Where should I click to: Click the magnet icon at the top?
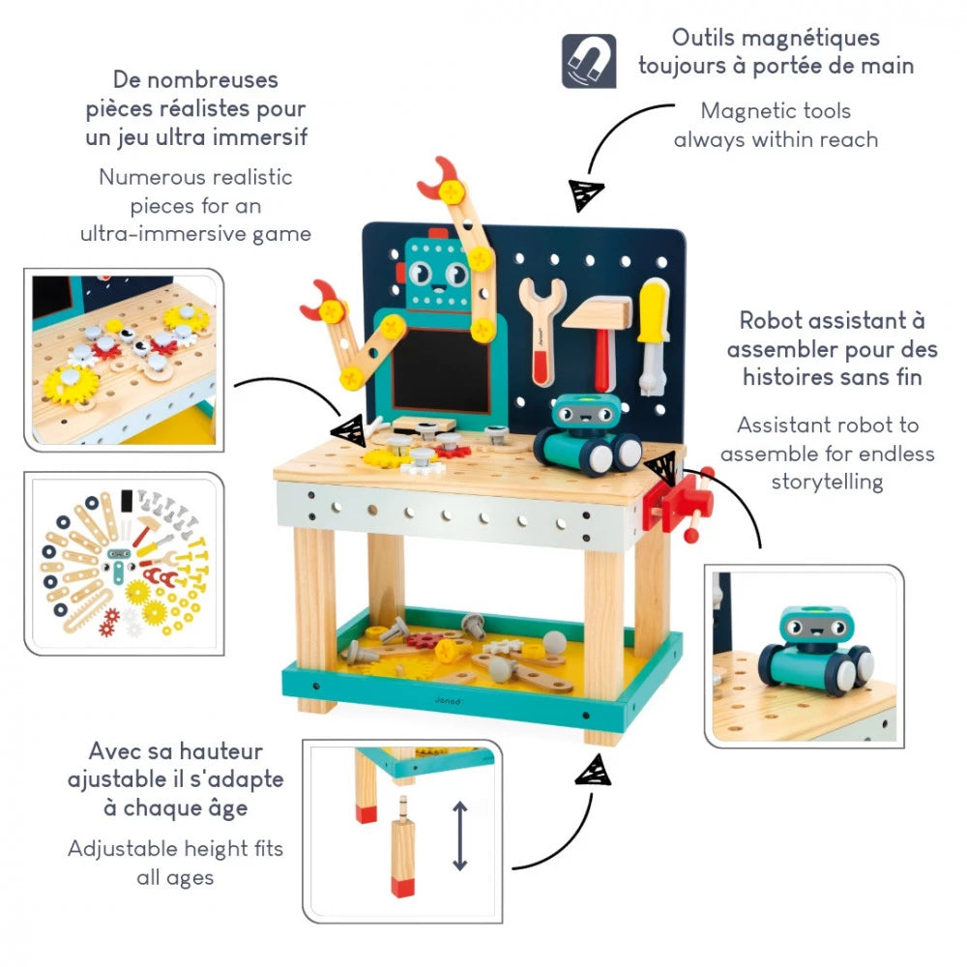pyautogui.click(x=588, y=61)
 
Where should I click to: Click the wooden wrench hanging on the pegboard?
pyautogui.click(x=542, y=329)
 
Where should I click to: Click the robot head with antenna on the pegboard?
pyautogui.click(x=434, y=274)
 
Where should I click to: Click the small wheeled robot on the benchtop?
pyautogui.click(x=586, y=435)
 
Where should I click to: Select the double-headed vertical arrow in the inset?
pyautogui.click(x=460, y=835)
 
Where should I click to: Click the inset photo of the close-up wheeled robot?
pyautogui.click(x=803, y=658)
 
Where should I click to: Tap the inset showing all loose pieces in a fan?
pyautogui.click(x=124, y=563)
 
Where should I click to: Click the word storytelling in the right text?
pyautogui.click(x=827, y=481)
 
